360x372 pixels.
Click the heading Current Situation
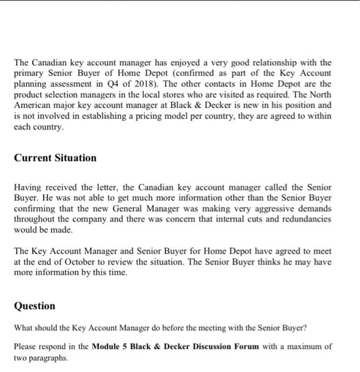(x=55, y=158)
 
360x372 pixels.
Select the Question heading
(x=35, y=306)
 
